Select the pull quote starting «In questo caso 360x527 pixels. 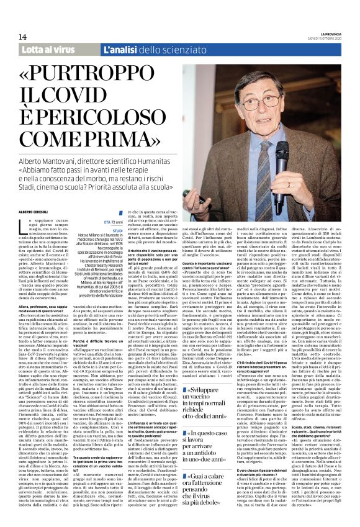[x=209, y=437]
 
